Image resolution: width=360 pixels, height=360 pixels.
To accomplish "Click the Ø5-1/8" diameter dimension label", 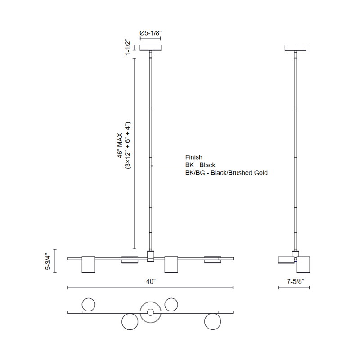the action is coord(150,33).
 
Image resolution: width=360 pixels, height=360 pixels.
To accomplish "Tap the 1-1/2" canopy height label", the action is coord(128,47).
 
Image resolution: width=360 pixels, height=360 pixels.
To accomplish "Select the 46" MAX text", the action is coord(120,145).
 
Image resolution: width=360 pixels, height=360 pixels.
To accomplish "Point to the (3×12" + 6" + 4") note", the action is coord(128,145).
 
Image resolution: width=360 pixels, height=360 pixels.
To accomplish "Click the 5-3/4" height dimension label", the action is coord(48,261).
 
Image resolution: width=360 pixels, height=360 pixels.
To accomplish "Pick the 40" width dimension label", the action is coord(151,281).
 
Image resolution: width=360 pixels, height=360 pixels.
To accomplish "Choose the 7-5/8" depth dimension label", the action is coord(295,281).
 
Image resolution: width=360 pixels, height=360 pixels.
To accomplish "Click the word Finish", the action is coord(194,157).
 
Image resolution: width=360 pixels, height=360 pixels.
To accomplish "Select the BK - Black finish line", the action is coord(200,165).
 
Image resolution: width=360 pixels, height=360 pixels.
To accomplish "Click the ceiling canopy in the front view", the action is coord(150,48).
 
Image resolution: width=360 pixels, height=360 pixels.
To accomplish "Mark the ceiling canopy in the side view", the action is coord(296,48).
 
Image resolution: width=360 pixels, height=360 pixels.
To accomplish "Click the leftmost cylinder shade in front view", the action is coord(88,264).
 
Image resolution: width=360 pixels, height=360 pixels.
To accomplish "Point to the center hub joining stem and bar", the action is coord(150,256).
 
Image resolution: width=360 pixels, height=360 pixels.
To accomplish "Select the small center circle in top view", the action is coord(150,312).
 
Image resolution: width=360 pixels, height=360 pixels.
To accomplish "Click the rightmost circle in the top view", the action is coord(212,322).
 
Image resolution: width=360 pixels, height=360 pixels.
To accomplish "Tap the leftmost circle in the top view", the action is coord(88,305).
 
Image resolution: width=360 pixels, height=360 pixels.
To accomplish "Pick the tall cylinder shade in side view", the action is coord(303,264).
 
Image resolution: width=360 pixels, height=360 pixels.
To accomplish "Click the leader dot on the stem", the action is coord(152,166).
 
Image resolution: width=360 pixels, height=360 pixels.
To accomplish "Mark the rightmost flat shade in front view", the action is coord(212,260).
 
